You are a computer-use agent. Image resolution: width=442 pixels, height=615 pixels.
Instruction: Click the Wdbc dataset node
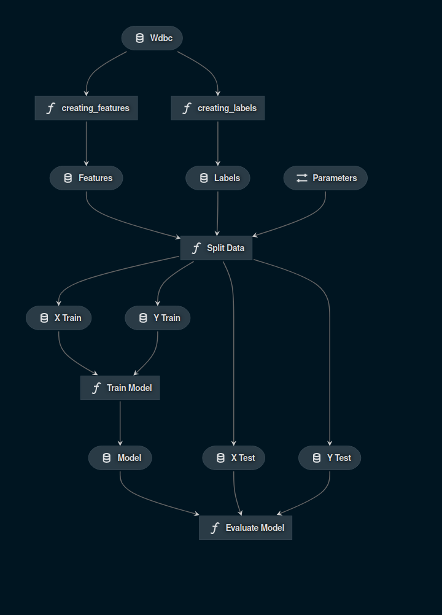[x=152, y=38]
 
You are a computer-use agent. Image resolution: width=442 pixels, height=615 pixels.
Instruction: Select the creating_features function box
[x=86, y=108]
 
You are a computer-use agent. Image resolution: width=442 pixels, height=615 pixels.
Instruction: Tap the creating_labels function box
[x=217, y=108]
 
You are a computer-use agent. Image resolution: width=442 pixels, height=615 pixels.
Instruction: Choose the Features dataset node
[x=86, y=178]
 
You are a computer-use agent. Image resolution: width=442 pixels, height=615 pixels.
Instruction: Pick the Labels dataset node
[x=217, y=178]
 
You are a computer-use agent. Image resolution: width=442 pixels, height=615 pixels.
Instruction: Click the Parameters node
[x=325, y=178]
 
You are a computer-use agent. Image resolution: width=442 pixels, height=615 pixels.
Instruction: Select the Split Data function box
[x=216, y=248]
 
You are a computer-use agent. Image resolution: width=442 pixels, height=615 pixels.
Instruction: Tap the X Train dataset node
[x=58, y=318]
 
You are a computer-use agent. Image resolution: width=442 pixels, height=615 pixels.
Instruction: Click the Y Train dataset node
[x=157, y=318]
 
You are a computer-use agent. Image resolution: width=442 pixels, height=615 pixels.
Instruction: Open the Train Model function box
[x=120, y=388]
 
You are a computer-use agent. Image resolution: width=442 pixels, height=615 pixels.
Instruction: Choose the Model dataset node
[x=120, y=458]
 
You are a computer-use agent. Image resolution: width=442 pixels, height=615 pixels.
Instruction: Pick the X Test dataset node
[x=233, y=458]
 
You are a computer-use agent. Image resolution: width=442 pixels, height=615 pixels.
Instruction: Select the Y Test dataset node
[x=330, y=458]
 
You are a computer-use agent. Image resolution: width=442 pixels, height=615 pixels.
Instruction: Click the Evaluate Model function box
[x=245, y=528]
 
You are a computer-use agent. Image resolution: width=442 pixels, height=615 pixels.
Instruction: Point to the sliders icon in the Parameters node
[x=301, y=178]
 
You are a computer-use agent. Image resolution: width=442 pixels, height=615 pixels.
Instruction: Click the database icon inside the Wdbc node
[x=139, y=38]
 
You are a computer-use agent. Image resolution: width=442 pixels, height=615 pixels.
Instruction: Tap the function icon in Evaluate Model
[x=215, y=528]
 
